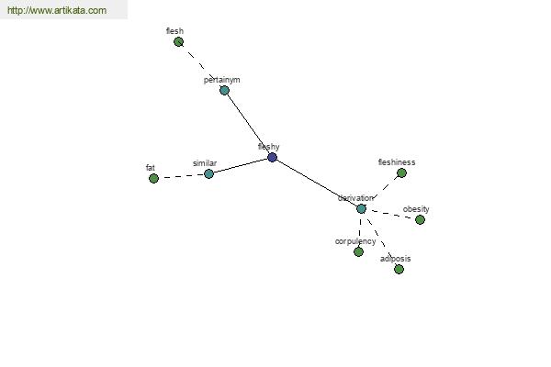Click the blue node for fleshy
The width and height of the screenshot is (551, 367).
click(273, 157)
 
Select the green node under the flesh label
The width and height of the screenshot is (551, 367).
click(178, 42)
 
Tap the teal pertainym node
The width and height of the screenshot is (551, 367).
click(225, 91)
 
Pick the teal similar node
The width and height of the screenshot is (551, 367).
click(208, 173)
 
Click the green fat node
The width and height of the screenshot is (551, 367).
click(153, 178)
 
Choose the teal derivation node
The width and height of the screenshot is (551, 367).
click(361, 209)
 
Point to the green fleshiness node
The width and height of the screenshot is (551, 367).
click(401, 172)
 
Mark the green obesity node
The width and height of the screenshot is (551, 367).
click(420, 220)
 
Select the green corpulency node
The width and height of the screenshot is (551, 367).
click(358, 251)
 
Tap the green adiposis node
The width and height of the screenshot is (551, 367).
click(399, 270)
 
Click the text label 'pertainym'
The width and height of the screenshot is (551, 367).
click(221, 80)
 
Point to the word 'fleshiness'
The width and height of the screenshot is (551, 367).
click(397, 162)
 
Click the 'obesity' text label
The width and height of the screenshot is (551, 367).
click(416, 209)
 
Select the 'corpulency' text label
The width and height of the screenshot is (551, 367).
click(355, 241)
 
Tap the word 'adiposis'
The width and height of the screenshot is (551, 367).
click(395, 259)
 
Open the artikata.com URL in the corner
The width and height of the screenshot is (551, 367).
click(57, 10)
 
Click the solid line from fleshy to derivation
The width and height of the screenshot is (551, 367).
click(317, 183)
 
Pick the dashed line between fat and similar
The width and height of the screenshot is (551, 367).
click(181, 176)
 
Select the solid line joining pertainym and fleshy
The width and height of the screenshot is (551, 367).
click(249, 124)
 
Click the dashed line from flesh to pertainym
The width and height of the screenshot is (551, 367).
click(201, 66)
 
